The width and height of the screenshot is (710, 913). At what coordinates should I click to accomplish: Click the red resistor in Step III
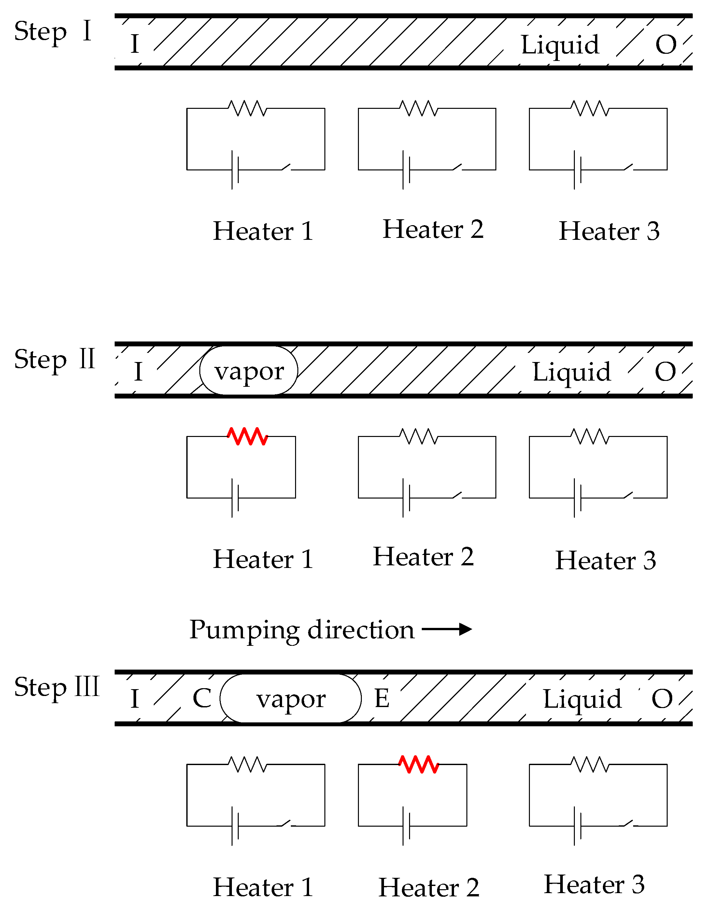[x=419, y=765]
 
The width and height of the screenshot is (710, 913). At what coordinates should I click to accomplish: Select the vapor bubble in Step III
[x=291, y=699]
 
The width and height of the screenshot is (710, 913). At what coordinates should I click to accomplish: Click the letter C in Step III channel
[x=202, y=698]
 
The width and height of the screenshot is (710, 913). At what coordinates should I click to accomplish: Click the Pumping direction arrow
[x=447, y=629]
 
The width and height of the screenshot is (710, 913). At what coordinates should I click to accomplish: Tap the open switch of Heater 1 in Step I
[x=287, y=167]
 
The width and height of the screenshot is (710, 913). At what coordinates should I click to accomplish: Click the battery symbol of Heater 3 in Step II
[x=577, y=498]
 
